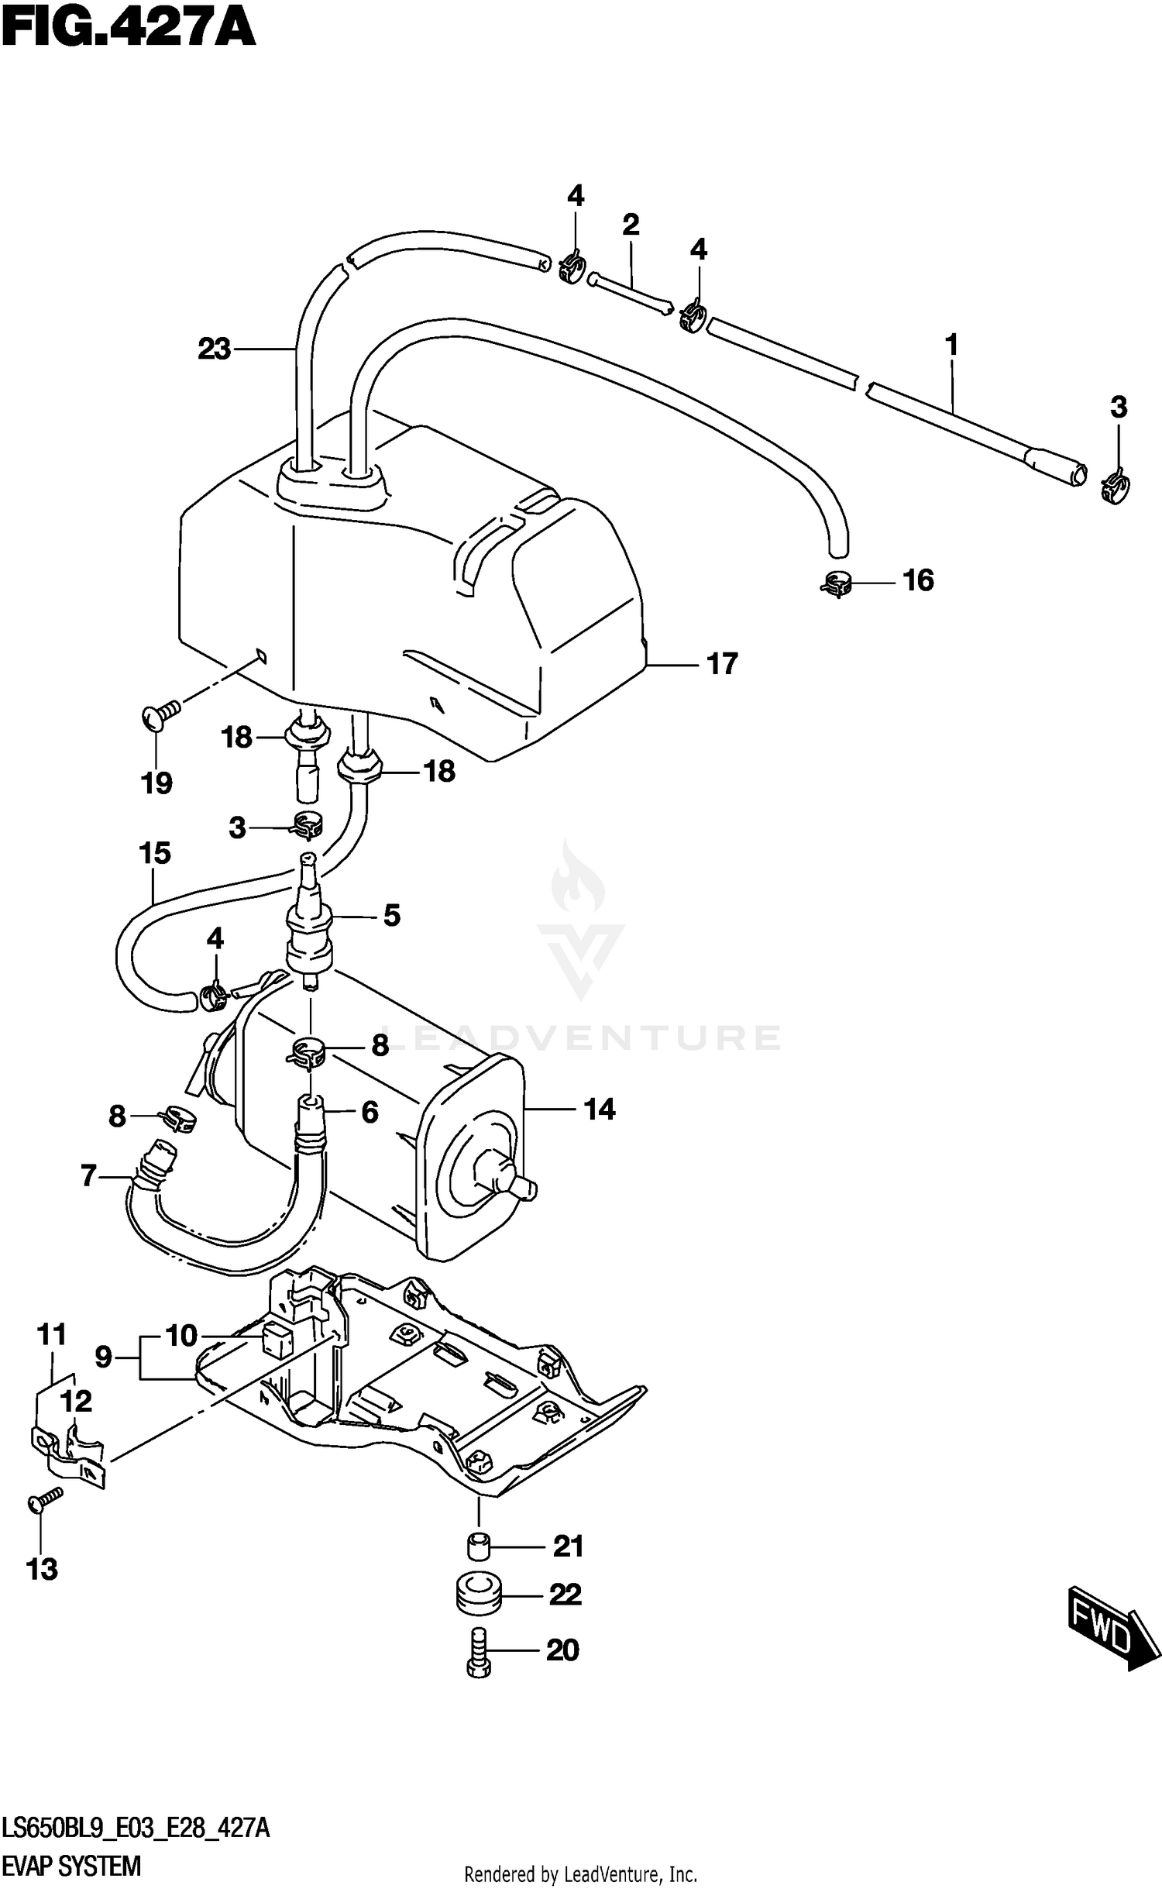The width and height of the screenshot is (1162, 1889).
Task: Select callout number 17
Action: pyautogui.click(x=722, y=664)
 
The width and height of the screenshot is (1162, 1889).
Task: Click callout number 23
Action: pyautogui.click(x=214, y=349)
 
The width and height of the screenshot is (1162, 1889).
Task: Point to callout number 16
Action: pyautogui.click(x=919, y=580)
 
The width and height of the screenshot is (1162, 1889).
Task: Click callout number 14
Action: pyautogui.click(x=599, y=1110)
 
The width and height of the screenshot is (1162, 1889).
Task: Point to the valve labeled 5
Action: pyautogui.click(x=310, y=922)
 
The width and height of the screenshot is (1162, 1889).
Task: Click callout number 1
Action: pyautogui.click(x=951, y=345)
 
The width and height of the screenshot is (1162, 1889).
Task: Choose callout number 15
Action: pyautogui.click(x=154, y=853)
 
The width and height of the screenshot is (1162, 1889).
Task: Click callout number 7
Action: pyautogui.click(x=88, y=1176)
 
